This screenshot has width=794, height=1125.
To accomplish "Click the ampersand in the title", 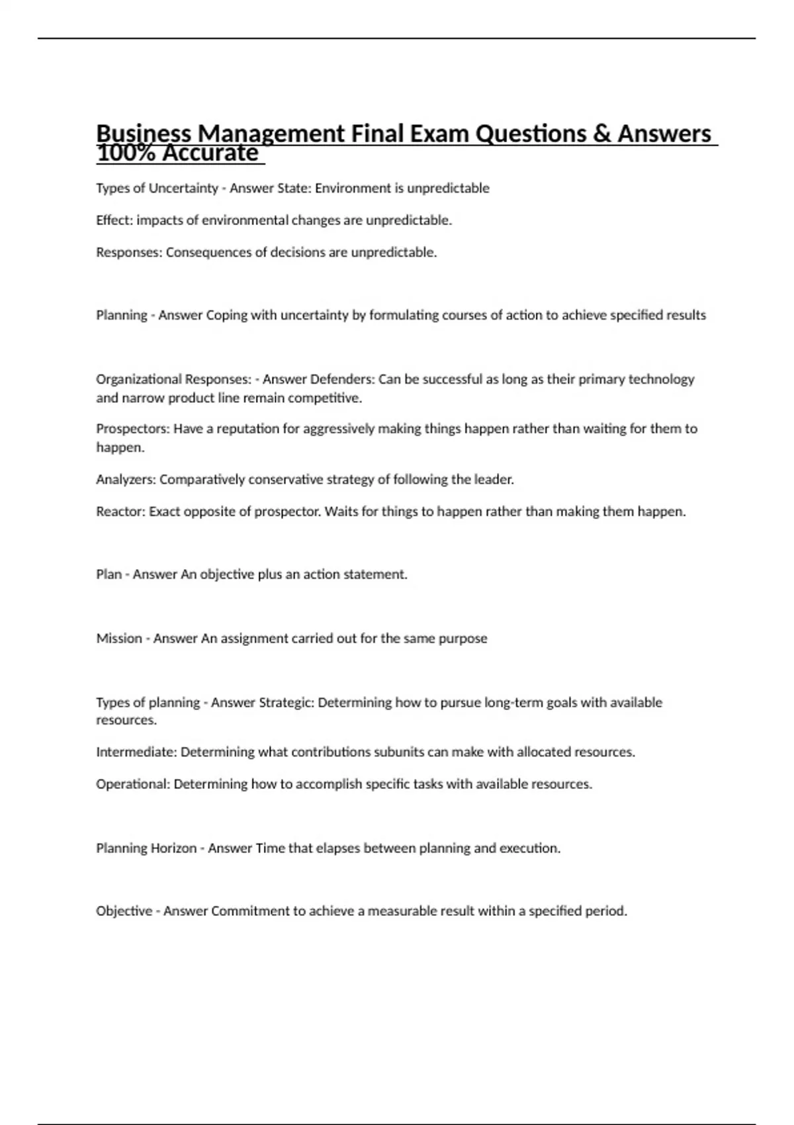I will pos(601,134).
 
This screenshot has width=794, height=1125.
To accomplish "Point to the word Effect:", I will pos(114,220).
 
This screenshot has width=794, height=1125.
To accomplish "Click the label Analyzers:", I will pos(126,479).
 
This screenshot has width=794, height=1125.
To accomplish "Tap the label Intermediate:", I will pos(136,752).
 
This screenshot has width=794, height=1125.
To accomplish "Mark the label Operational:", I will pos(133,784).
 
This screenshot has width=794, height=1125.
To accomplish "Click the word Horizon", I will pos(174,848).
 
